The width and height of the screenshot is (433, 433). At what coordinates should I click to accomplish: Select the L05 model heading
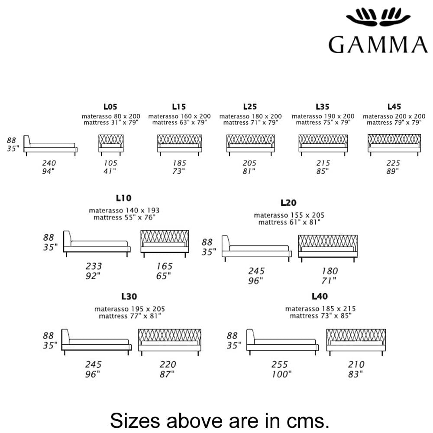110,106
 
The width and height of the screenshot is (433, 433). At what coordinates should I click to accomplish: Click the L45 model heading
394,106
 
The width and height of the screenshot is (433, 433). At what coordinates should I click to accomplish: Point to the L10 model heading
123,198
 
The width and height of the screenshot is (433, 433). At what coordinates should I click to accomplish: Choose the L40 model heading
320,296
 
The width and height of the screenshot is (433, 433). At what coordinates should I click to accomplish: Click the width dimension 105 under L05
111,163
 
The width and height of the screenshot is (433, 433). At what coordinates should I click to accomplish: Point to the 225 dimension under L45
393,163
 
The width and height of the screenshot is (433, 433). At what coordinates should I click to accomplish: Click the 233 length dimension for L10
94,266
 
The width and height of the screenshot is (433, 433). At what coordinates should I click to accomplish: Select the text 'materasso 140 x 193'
124,210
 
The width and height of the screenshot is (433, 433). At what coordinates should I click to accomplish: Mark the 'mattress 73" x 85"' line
320,316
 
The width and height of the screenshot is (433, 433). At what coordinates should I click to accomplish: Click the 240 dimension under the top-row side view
48,163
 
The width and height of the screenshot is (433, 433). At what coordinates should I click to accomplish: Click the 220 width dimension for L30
168,365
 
